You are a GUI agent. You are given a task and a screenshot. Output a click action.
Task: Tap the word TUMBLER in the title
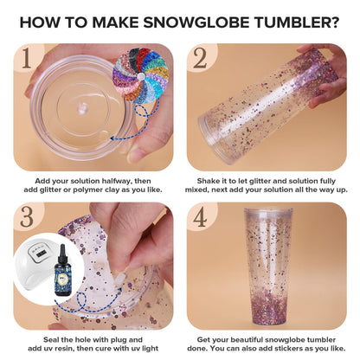point(289,21)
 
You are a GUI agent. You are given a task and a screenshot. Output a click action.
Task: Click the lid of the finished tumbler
point(267,214)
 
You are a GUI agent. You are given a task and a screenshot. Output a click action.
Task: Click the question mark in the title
point(333,21)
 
